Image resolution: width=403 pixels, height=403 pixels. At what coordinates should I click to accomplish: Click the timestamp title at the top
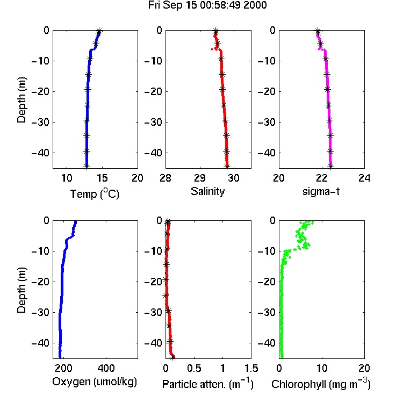[x=207, y=5]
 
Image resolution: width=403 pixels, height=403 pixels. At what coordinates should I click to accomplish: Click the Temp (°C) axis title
[x=95, y=193]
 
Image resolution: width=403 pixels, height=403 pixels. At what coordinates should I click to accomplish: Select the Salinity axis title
[x=207, y=191]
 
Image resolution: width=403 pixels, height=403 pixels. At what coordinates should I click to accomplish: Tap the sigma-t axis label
[x=321, y=191]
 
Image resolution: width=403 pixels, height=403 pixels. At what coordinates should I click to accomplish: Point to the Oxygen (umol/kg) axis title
[x=95, y=382]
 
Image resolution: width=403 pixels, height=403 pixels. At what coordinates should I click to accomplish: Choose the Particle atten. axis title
[x=208, y=384]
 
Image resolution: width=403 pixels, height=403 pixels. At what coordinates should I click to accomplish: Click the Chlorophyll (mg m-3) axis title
[x=321, y=384]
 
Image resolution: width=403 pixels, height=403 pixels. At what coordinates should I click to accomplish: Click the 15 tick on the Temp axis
[x=102, y=178]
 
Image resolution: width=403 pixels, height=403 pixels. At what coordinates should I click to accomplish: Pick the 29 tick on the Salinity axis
[x=200, y=178]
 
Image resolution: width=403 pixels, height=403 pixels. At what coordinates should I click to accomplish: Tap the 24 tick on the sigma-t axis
[x=364, y=178]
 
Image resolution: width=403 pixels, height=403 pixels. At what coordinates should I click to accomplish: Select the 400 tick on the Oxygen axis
[x=106, y=368]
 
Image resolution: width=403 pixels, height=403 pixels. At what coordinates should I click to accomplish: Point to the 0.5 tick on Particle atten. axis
[x=194, y=368]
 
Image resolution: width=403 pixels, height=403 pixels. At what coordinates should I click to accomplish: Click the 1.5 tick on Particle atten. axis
[x=251, y=368]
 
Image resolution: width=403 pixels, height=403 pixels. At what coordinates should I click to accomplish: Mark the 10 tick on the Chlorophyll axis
[x=322, y=368]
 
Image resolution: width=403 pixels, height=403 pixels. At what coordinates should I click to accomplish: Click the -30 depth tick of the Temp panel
[x=40, y=122]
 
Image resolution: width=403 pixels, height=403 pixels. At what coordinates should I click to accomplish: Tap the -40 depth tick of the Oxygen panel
[x=40, y=343]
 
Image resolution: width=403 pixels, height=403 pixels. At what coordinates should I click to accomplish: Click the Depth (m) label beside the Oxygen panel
[x=21, y=290]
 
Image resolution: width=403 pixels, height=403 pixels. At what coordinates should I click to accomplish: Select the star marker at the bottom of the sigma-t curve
[x=331, y=167]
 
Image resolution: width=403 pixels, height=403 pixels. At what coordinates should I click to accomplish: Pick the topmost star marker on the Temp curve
[x=99, y=31]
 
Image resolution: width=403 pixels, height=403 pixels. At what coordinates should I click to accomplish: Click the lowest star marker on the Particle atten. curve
[x=173, y=356]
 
